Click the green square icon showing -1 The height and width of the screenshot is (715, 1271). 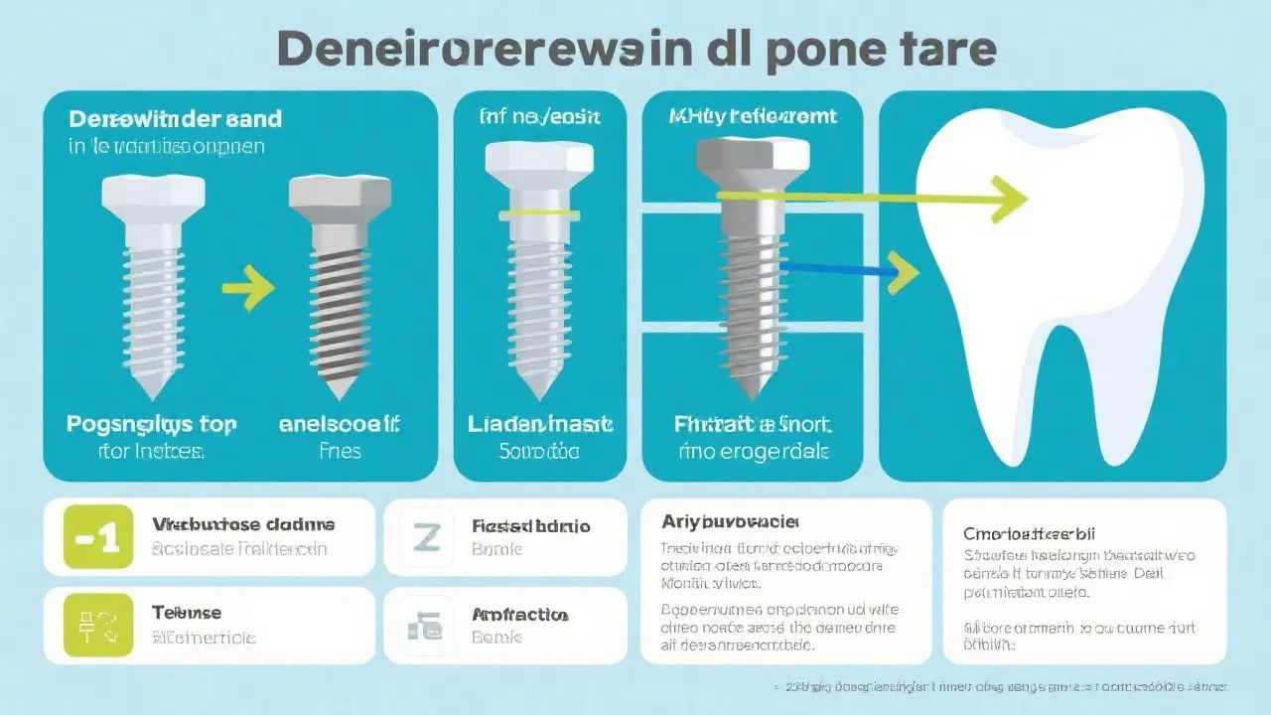click(x=97, y=537)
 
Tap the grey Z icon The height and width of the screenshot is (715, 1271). click(x=425, y=537)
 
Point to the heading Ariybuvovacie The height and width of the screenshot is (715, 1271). click(x=730, y=520)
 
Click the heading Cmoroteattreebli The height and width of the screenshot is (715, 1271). click(x=1036, y=533)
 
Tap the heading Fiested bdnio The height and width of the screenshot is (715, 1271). click(x=530, y=525)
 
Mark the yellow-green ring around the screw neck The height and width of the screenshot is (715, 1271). click(x=540, y=214)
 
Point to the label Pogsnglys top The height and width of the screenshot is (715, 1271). click(x=152, y=425)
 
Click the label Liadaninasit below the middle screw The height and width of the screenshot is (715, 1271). click(x=538, y=425)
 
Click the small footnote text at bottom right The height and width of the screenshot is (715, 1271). click(x=1003, y=686)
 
